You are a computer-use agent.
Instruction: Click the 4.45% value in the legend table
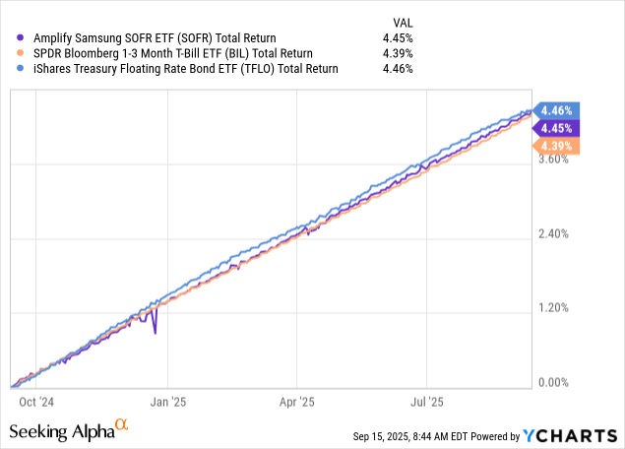(398, 37)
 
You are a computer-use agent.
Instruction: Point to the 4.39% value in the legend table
(398, 53)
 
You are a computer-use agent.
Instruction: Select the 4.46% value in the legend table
(398, 69)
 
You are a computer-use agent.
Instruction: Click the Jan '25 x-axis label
(168, 403)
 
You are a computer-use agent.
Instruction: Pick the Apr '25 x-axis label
(297, 403)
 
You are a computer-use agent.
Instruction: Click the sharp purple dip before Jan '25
(155, 332)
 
